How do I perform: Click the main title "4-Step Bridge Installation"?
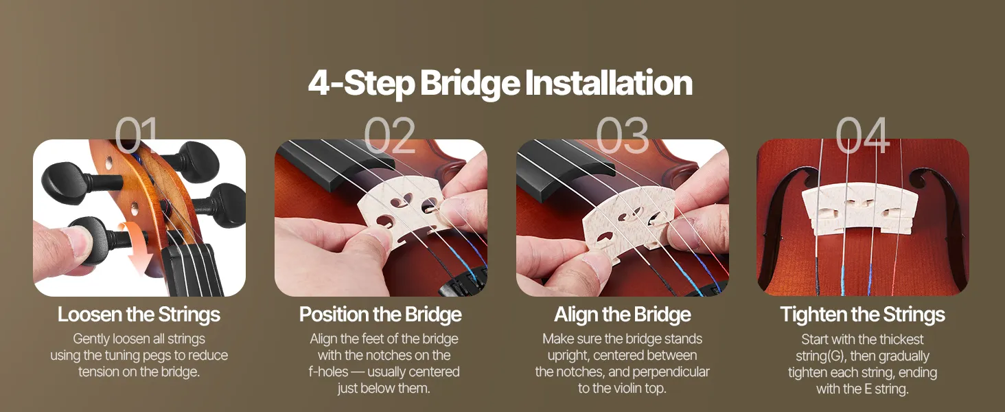tap(500, 84)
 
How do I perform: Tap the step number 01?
tap(137, 134)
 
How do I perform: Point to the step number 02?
tap(389, 134)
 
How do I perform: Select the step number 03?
tap(623, 134)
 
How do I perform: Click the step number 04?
tap(862, 134)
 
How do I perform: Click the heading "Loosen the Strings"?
tap(139, 314)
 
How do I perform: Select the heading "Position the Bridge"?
tap(380, 314)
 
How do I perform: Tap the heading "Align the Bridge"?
tap(623, 314)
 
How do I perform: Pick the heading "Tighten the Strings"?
tap(862, 314)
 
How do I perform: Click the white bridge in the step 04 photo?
tap(859, 209)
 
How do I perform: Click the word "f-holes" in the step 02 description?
tap(328, 371)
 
